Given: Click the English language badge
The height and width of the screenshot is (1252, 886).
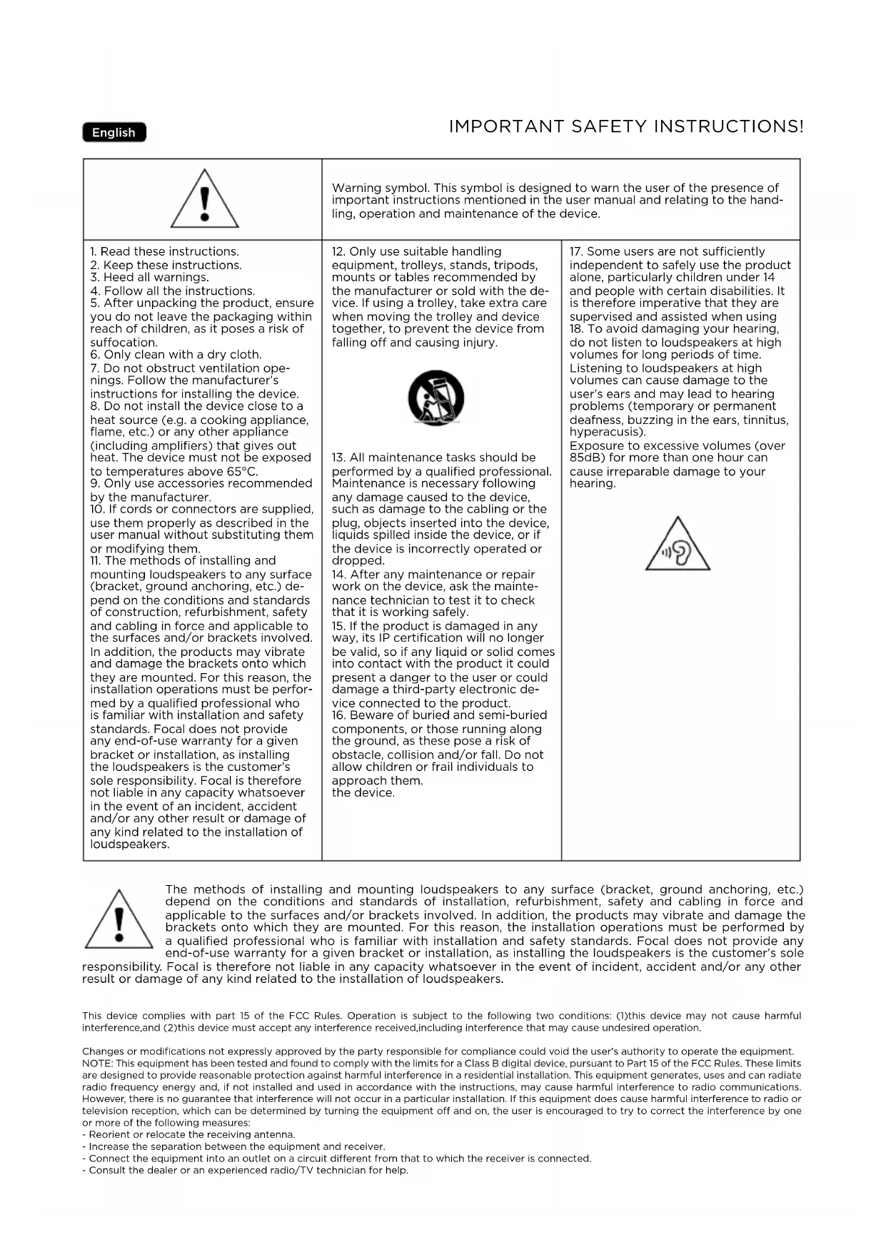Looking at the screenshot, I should (114, 133).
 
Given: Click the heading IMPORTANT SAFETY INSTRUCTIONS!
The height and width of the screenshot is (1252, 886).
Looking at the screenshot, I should (626, 127).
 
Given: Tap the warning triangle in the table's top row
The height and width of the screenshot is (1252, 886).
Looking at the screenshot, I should (204, 200).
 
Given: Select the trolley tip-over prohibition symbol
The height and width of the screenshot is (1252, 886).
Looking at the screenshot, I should (436, 398).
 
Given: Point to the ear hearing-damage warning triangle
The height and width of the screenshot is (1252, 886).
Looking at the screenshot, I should (678, 546).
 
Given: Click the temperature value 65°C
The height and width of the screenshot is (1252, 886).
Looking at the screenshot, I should (241, 471).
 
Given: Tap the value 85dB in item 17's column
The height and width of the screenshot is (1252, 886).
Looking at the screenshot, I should (586, 458).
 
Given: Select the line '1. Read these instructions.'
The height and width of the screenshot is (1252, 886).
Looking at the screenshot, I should (165, 251).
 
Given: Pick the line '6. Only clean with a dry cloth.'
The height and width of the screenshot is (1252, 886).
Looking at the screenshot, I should (176, 355).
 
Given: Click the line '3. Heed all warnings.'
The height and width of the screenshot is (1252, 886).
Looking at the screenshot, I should (150, 277).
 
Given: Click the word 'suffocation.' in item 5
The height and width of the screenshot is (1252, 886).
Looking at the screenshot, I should (124, 342).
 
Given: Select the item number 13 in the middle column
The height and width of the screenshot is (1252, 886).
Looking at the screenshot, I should (338, 458).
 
